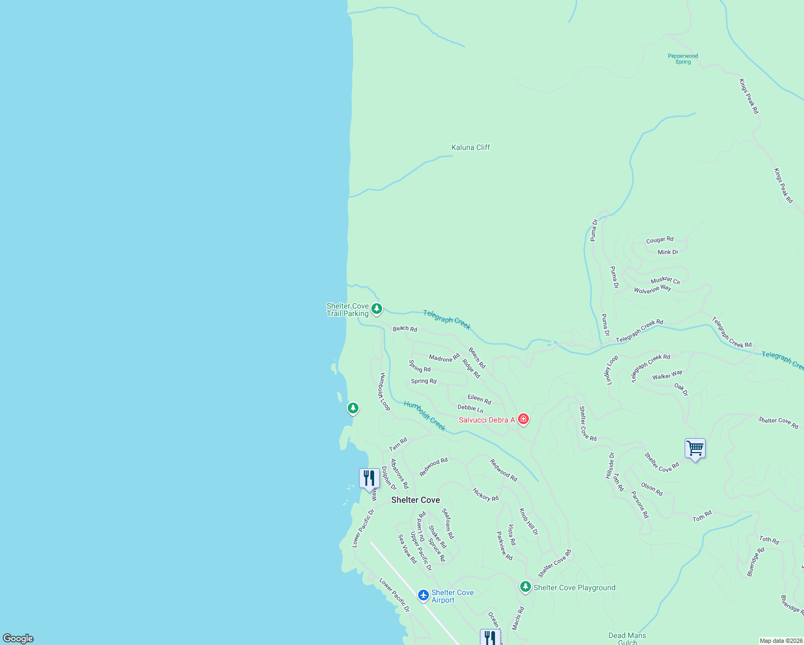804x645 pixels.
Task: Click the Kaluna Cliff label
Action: point(471,147)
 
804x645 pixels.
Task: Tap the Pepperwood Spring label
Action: point(683,59)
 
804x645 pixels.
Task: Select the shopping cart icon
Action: point(695,448)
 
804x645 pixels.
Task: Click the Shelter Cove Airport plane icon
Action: point(423,595)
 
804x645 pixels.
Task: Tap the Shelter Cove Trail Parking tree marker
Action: point(377,309)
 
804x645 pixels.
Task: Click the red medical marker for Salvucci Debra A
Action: point(523,419)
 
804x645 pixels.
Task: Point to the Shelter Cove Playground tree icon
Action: point(526,587)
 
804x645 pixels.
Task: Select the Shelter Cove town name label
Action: point(415,500)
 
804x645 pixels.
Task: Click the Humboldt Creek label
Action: point(425,415)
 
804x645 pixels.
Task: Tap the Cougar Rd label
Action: point(659,240)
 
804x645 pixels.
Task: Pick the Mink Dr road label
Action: point(668,252)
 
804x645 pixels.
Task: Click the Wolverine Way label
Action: point(652,289)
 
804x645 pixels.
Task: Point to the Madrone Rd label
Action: point(444,357)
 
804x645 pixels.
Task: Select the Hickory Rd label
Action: point(485,494)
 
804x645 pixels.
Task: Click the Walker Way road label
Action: point(667,375)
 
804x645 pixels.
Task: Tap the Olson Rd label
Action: point(652,489)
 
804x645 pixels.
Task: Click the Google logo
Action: point(18,638)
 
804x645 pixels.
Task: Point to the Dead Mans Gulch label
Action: point(627,639)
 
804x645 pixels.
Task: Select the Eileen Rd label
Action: point(479,399)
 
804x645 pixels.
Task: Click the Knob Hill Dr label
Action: point(528,521)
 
